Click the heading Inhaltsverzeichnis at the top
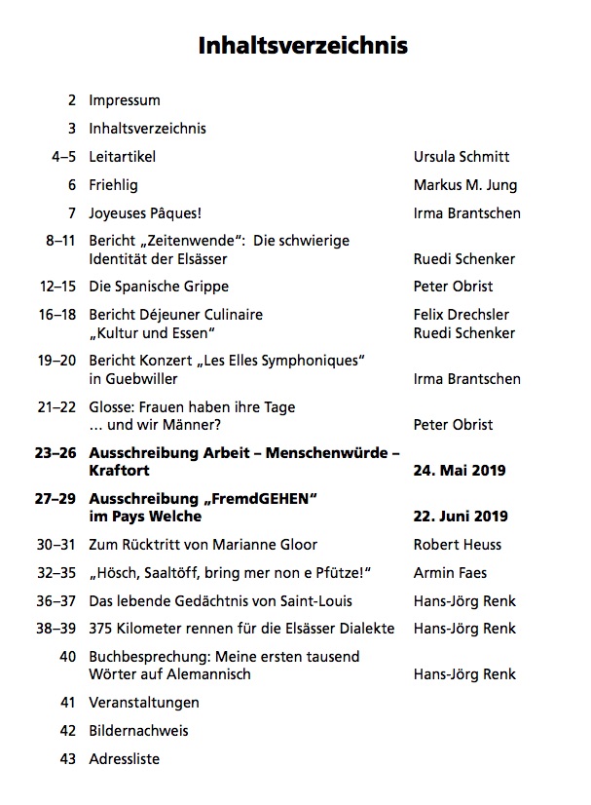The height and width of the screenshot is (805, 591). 303,45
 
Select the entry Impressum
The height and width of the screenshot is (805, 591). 125,100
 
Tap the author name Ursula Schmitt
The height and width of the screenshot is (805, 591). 462,156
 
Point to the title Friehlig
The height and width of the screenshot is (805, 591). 114,184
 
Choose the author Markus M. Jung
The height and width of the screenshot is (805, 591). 465,184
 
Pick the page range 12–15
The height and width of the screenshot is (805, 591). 57,287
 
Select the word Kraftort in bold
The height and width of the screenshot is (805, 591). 117,471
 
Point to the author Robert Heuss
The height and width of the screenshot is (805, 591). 457,545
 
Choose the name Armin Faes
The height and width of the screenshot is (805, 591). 450,573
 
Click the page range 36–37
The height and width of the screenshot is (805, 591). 57,601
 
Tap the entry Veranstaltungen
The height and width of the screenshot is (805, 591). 144,703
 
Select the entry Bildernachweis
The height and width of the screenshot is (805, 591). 138,731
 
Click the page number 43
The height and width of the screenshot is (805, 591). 67,759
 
